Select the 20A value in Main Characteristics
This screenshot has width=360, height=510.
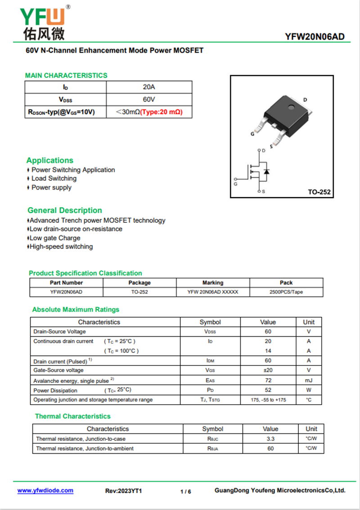149,87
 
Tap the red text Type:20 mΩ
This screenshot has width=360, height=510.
161,112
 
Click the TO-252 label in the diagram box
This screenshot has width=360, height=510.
319,192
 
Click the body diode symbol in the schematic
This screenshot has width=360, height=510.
266,172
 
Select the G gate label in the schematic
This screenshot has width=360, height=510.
235,184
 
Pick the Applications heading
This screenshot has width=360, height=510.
49,160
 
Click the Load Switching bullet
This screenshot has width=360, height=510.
54,178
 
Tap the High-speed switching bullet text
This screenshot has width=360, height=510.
61,247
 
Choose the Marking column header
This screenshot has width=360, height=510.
212,283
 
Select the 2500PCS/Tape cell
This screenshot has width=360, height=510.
286,292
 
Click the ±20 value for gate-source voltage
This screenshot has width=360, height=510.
268,370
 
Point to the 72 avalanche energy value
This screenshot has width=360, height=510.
268,380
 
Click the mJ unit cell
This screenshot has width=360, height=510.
309,380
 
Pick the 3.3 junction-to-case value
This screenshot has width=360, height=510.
270,438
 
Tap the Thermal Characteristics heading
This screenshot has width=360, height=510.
72,416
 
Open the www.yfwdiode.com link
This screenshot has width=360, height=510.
45,491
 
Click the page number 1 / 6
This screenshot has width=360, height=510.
185,492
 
